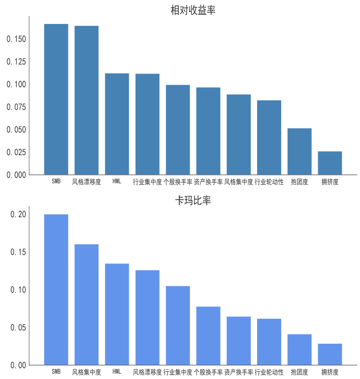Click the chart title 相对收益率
(193, 10)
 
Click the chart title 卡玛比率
(193, 201)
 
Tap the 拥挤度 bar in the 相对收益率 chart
(330, 163)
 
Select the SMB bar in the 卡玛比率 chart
(56, 289)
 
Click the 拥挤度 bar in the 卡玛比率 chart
(330, 354)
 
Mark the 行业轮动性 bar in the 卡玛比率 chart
(269, 342)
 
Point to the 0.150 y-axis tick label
(17, 39)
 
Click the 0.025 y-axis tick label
(17, 152)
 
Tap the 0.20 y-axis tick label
(19, 214)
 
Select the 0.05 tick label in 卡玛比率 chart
(19, 328)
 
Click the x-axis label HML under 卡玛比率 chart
(117, 372)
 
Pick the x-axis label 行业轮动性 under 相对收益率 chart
(269, 182)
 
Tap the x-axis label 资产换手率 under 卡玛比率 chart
(239, 372)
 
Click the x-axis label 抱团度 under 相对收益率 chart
(299, 182)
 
